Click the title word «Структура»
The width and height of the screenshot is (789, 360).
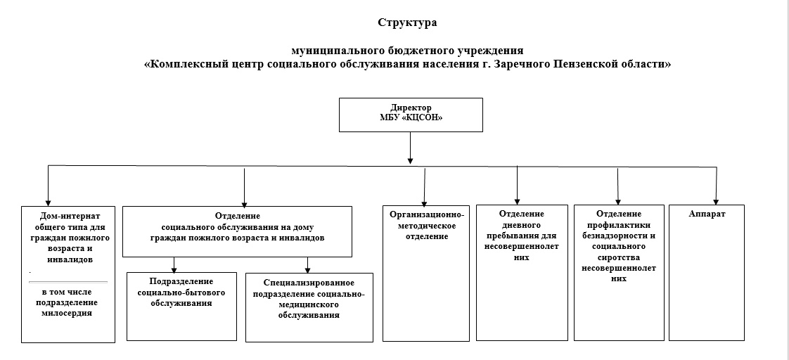[407, 22]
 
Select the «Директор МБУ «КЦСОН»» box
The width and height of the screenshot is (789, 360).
[411, 115]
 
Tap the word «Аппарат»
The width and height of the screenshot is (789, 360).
[707, 214]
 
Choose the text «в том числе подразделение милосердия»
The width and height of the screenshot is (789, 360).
[68, 302]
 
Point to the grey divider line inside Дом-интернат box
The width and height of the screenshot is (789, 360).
[68, 282]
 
